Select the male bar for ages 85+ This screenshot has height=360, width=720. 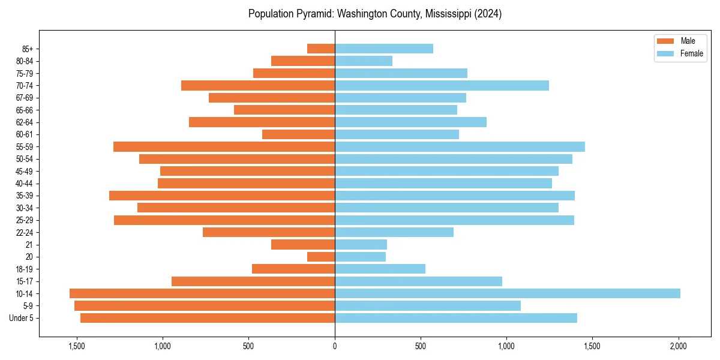pos(321,49)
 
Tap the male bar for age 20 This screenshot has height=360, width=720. pos(321,257)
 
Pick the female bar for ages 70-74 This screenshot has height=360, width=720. pos(442,85)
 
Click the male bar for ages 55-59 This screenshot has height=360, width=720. pos(224,146)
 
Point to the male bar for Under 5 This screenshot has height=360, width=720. pos(208,318)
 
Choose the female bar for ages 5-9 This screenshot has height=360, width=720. pos(428,305)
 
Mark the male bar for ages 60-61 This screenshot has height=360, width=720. pos(298,134)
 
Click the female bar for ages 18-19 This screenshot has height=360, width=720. pos(380,269)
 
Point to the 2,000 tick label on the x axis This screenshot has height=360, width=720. pos(679,346)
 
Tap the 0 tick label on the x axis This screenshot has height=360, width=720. pos(335,346)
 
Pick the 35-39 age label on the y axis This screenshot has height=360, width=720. pos(25,196)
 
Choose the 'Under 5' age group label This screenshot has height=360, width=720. pos(21,318)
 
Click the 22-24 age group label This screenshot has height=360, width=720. pos(25,232)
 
